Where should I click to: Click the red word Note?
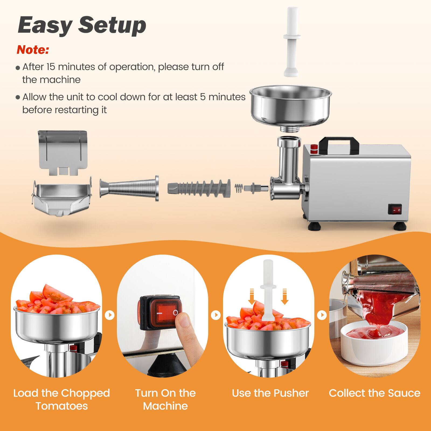pyautogui.click(x=33, y=50)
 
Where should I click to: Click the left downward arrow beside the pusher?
pyautogui.click(x=252, y=296)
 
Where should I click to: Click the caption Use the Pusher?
pyautogui.click(x=270, y=393)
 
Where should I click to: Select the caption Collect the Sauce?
pyautogui.click(x=374, y=393)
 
